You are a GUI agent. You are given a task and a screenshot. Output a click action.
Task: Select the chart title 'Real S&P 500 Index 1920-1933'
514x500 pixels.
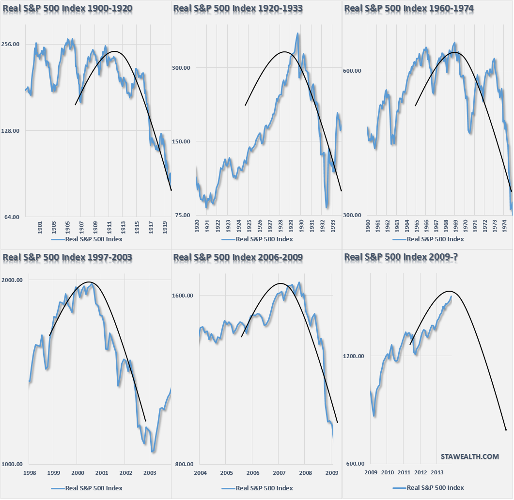click(x=237, y=8)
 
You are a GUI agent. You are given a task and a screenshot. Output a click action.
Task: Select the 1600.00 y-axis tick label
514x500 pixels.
click(x=185, y=296)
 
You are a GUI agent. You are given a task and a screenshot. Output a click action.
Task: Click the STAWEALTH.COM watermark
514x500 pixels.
click(x=469, y=456)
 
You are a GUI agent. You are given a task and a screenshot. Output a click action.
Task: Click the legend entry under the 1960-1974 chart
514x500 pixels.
click(x=428, y=239)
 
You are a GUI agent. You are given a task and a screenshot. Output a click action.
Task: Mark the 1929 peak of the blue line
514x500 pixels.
click(x=297, y=34)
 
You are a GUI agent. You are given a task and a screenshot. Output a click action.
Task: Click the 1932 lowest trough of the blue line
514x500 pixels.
click(x=327, y=207)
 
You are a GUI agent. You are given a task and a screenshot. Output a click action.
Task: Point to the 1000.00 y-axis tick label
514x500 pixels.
click(x=14, y=464)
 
